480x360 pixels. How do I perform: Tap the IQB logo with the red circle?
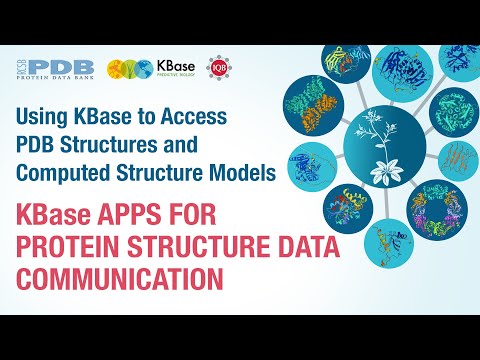pos(217,68)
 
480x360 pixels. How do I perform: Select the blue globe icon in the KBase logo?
pos(143,68)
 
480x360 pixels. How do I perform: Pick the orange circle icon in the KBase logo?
pos(119,68)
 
